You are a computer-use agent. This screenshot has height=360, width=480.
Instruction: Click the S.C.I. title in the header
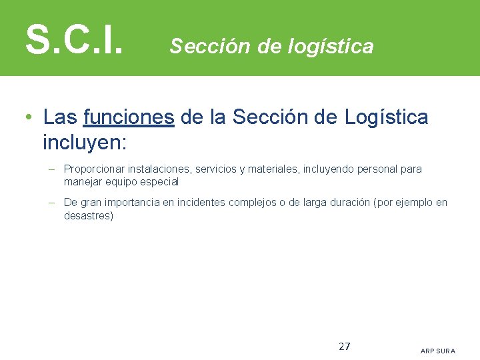coord(74,39)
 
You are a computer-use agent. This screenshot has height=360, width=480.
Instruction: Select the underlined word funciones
coord(129,118)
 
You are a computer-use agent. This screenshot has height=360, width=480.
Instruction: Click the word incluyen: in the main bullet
coord(85,142)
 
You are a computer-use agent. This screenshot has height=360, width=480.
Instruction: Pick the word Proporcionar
coord(93,169)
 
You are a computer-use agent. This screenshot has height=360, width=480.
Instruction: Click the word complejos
coord(251,203)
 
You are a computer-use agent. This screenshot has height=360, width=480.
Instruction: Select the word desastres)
coord(89,215)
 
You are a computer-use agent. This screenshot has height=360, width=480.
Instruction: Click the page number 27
coord(345,346)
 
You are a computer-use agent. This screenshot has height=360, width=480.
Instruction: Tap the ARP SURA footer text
coord(438,351)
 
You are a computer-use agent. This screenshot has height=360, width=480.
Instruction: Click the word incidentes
coord(203,203)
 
